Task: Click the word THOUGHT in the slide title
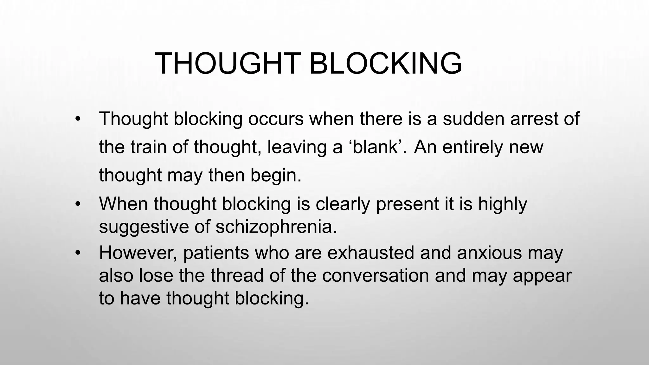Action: tap(228, 64)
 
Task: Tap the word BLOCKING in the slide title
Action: tap(385, 64)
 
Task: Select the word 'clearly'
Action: tap(343, 204)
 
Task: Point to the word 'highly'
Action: tap(503, 204)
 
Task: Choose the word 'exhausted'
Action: tap(370, 253)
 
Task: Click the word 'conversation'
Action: tap(376, 276)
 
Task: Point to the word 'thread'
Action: tap(237, 276)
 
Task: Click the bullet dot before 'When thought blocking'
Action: tap(78, 204)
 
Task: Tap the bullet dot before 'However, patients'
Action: tap(78, 253)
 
